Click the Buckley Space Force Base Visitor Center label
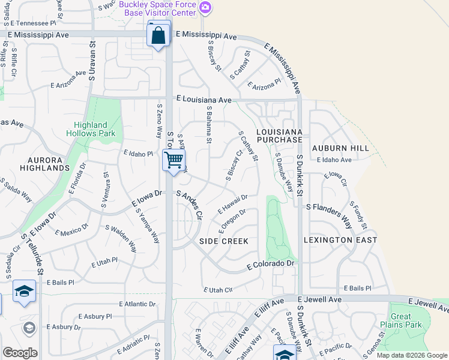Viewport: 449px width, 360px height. (157, 8)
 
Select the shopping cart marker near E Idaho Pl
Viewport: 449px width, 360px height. (173, 160)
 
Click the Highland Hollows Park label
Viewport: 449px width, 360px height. (94, 129)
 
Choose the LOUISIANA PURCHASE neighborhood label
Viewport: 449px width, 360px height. (279, 135)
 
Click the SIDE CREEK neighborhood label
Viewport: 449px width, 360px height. (224, 241)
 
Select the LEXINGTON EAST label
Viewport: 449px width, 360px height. (340, 240)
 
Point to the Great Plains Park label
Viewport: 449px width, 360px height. (401, 320)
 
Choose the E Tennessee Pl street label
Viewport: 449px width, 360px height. (33, 23)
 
